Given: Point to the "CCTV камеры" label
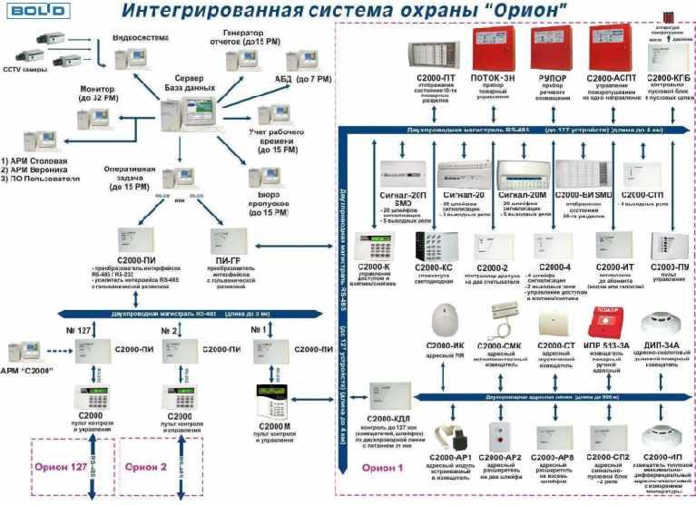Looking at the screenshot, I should tap(24, 70).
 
